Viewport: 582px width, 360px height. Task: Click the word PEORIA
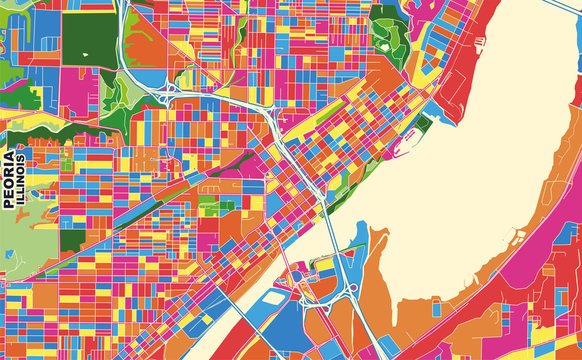tap(10, 179)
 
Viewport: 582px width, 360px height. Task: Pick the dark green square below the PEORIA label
tap(72, 240)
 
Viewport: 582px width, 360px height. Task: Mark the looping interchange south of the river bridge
tap(345, 285)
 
